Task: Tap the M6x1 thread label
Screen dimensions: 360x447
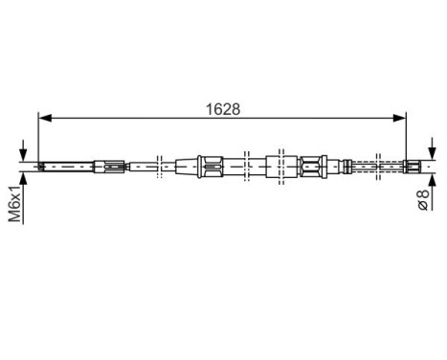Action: point(15,202)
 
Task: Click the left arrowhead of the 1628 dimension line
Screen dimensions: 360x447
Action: point(42,118)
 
